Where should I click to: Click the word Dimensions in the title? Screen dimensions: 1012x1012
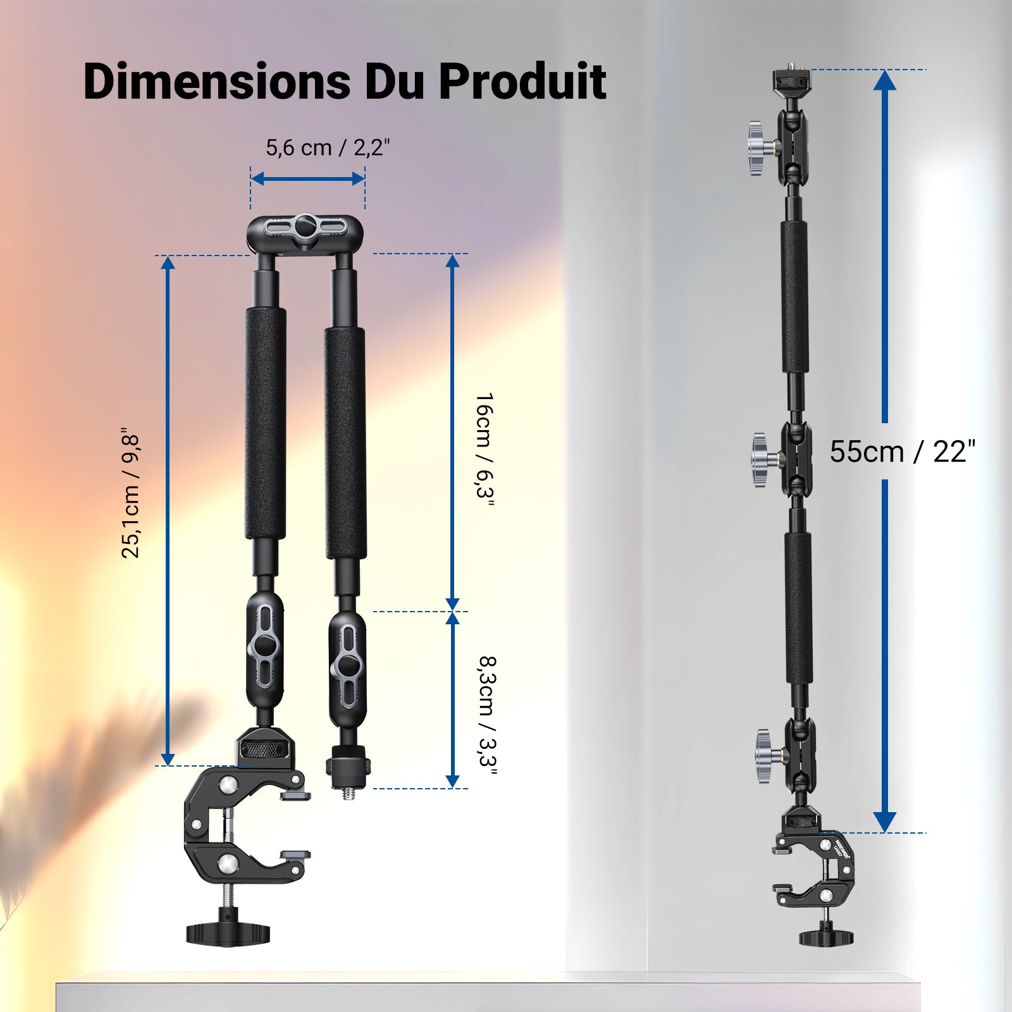(217, 81)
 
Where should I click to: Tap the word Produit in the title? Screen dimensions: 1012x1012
(522, 81)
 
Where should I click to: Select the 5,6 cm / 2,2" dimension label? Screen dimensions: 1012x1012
(328, 147)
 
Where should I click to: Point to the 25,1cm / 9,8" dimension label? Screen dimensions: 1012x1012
(130, 497)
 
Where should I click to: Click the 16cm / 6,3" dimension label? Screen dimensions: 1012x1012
(485, 450)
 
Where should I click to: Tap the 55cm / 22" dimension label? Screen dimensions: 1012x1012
(903, 452)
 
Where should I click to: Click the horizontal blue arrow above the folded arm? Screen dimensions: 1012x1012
(307, 179)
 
